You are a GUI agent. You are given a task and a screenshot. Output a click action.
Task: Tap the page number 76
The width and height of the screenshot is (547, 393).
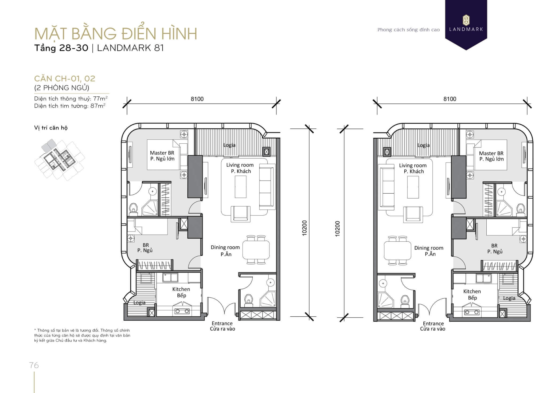pos(34,365)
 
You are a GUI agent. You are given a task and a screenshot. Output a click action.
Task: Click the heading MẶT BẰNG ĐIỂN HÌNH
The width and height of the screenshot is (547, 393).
pos(116,34)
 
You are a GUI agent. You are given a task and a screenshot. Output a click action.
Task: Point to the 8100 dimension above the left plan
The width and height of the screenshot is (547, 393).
pos(197,99)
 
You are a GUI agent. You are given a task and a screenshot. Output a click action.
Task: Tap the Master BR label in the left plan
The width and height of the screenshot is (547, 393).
pos(162,153)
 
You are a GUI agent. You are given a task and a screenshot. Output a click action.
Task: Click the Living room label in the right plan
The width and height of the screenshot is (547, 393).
pos(413,166)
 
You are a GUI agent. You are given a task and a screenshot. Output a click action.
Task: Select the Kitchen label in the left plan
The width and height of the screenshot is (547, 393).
pos(181,289)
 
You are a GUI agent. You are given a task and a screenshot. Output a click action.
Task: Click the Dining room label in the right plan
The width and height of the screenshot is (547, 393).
pos(429,248)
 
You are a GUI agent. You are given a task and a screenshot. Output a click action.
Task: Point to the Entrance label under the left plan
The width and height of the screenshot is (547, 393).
pos(222,323)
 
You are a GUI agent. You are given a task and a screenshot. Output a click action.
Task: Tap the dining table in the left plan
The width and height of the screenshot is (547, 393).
pos(256,250)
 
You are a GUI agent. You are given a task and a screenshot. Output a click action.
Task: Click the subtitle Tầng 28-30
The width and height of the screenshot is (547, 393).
pos(61,48)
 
